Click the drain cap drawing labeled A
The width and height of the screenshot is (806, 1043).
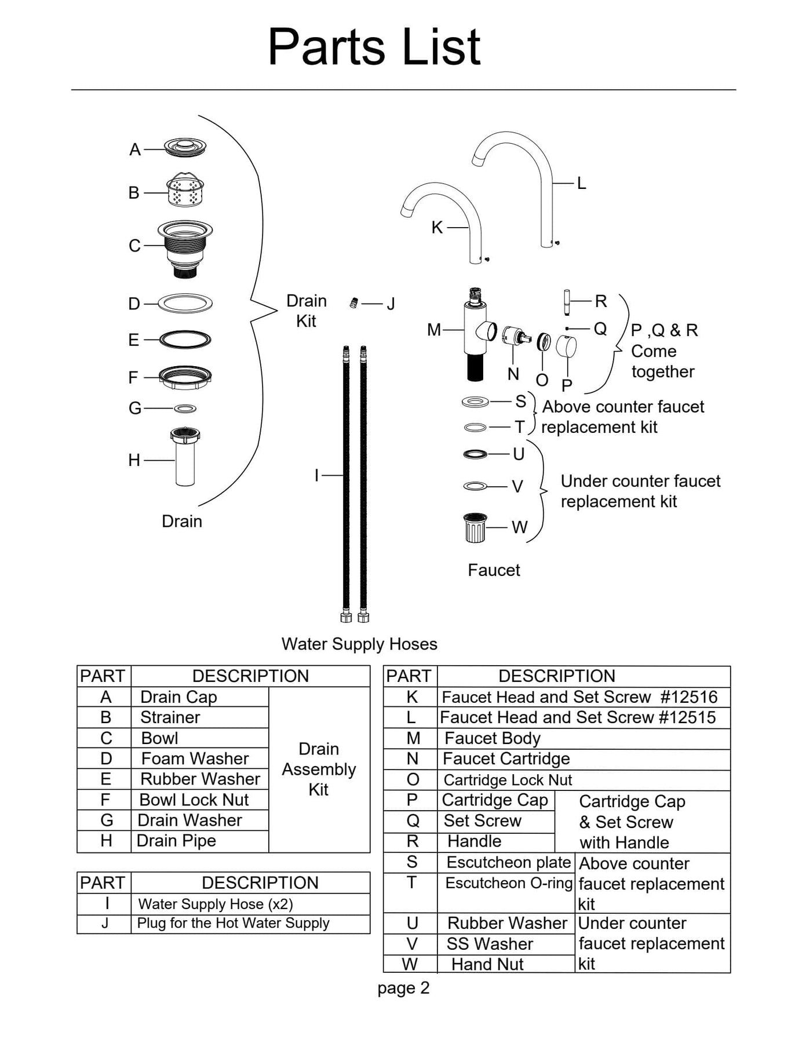(185, 147)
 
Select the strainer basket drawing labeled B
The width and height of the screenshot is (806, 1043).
(185, 190)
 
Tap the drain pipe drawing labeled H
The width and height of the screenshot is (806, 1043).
(185, 458)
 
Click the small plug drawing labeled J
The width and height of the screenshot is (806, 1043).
(353, 302)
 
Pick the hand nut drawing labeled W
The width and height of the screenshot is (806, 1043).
(475, 527)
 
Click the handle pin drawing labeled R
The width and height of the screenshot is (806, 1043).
(567, 302)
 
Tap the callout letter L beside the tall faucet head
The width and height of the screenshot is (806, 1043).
(581, 183)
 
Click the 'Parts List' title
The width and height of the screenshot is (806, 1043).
(374, 47)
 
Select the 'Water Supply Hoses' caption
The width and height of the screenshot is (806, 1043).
(359, 644)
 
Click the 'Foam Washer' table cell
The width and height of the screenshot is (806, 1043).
(195, 758)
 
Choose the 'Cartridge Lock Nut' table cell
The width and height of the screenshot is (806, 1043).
(508, 780)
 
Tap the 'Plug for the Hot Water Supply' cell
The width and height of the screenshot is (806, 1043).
(233, 923)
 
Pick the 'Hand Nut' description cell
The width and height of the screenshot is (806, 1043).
(487, 964)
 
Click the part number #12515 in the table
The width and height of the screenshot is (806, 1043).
(687, 717)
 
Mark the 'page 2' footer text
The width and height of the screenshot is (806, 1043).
(403, 988)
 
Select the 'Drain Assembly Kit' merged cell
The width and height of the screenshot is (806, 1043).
(319, 769)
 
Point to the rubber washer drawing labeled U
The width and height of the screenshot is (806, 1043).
(475, 454)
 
